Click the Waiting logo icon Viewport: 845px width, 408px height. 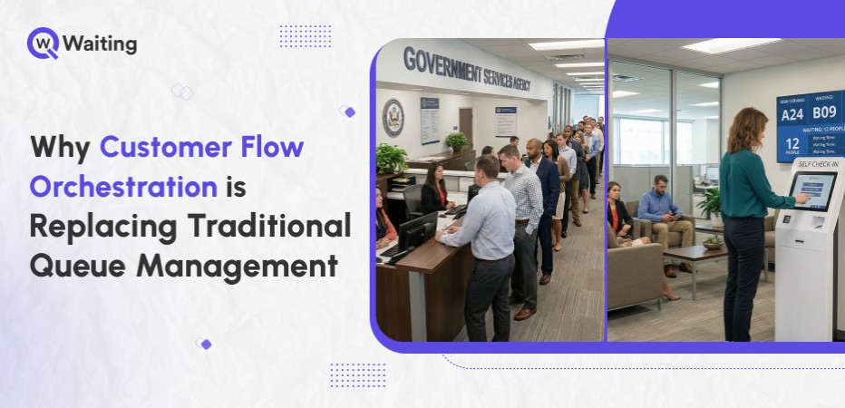(x=43, y=43)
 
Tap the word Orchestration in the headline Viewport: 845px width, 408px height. (x=123, y=186)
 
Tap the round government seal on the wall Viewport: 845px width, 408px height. (x=393, y=117)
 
